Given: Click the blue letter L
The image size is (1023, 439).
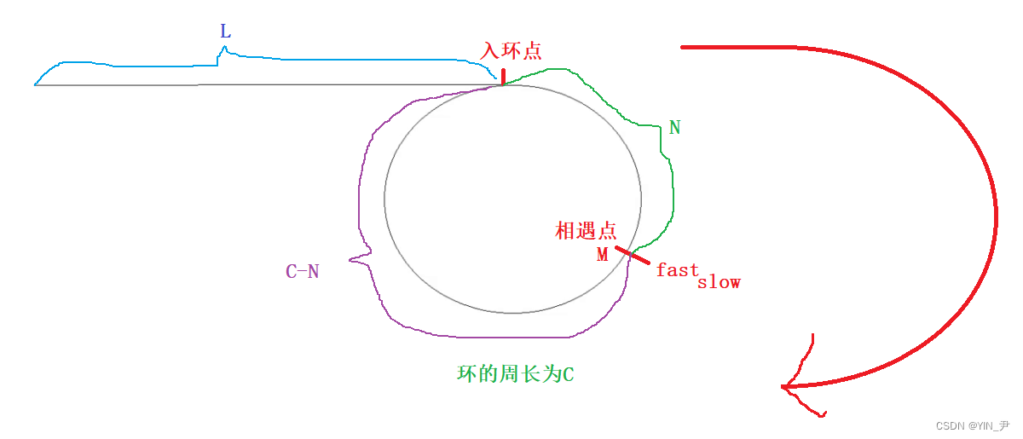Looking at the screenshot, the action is click(x=225, y=32).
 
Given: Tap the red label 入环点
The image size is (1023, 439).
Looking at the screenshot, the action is click(x=511, y=51).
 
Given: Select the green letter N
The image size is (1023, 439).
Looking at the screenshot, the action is click(x=675, y=128).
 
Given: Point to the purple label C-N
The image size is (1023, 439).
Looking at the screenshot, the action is click(x=303, y=272).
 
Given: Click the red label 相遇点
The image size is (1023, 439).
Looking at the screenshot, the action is click(x=586, y=230).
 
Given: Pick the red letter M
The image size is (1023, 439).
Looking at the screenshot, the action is click(x=603, y=255).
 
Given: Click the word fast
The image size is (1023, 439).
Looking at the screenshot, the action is click(x=678, y=269).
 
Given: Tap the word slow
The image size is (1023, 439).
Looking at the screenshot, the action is click(x=719, y=282).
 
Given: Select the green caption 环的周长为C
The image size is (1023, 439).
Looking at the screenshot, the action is click(x=516, y=374).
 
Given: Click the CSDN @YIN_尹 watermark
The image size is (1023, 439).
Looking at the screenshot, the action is click(x=972, y=425).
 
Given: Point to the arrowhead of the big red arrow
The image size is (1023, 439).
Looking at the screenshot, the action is click(x=785, y=388).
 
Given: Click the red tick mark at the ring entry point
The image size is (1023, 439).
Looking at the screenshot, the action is click(x=503, y=77).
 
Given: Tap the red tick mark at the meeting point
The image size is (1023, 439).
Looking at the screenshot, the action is click(x=633, y=255).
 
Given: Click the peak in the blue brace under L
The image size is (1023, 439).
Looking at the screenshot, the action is click(x=224, y=48).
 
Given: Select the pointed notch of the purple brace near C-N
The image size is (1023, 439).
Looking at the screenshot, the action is click(x=350, y=257).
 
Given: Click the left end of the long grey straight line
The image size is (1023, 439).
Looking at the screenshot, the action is click(x=36, y=85).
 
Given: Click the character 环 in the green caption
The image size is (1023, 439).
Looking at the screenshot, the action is click(x=466, y=374).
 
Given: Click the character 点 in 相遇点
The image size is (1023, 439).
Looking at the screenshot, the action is click(x=606, y=230).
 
